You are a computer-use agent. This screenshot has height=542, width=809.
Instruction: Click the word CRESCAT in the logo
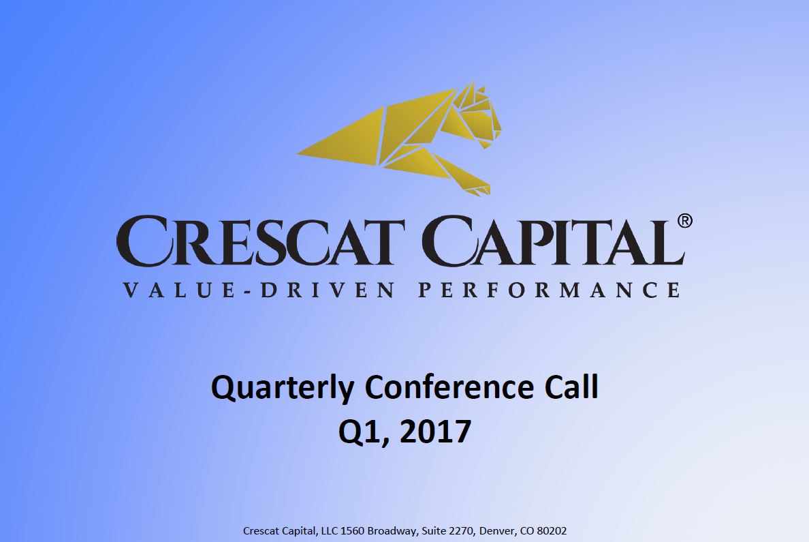(x=261, y=241)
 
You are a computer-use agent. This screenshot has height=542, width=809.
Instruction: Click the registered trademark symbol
(x=684, y=221)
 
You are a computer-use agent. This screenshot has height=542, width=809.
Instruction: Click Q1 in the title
(x=361, y=432)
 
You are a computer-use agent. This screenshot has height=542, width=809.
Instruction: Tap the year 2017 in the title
(x=435, y=432)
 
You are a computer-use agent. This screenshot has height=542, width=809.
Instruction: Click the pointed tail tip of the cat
(x=299, y=153)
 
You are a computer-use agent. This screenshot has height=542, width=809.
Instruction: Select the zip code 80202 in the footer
(x=552, y=530)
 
